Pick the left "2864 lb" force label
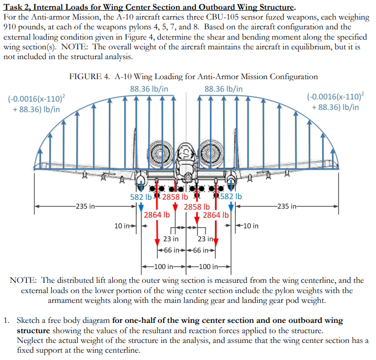pos(157,214)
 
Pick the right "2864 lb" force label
pos(215,214)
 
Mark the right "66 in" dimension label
pos(202,251)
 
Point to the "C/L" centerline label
pos(186,153)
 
